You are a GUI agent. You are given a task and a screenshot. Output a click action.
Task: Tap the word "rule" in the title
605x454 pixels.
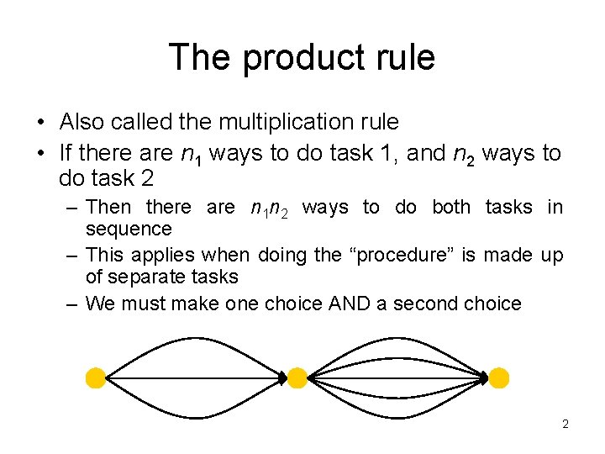tap(407, 58)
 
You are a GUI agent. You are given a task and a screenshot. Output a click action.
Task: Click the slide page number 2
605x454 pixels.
tap(566, 425)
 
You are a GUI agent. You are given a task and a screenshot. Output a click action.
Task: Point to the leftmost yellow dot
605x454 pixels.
tap(96, 378)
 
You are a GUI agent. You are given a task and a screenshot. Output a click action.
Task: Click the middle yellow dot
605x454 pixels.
tap(297, 378)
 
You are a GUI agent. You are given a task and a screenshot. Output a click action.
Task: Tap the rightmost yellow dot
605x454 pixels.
tap(499, 378)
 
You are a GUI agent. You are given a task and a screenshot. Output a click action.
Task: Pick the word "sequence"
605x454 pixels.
tap(129, 230)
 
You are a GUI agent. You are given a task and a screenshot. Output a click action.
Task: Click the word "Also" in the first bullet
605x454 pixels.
tap(81, 122)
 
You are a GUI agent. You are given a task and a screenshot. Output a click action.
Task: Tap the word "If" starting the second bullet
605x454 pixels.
tap(66, 153)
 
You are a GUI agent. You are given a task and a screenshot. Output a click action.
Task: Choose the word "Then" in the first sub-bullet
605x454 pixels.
tap(109, 207)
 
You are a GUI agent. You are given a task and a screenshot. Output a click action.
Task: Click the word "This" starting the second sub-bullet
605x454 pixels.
tap(105, 255)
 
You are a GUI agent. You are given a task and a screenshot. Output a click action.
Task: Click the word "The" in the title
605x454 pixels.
tap(201, 58)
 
